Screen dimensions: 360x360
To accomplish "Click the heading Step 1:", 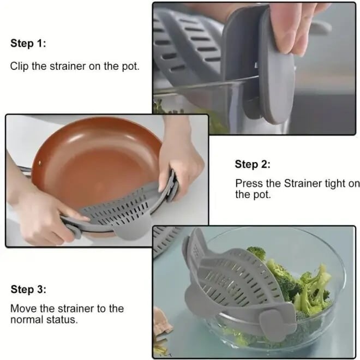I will tap(28, 44).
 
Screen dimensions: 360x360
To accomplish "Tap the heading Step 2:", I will tap(253, 164).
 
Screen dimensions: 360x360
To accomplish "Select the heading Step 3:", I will tap(28, 289).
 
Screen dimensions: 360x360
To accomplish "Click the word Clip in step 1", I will tap(20, 67).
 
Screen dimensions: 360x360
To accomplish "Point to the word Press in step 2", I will tap(249, 184).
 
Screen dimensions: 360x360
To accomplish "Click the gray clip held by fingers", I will tap(256, 82).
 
